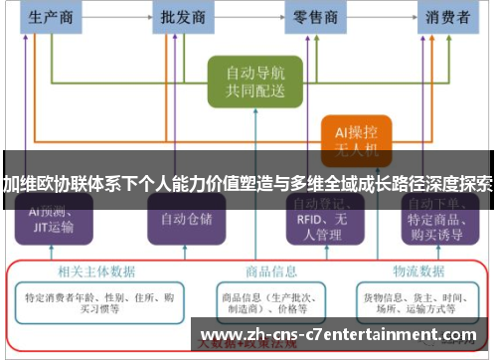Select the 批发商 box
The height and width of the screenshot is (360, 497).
click(183, 17)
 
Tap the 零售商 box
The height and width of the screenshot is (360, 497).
click(314, 17)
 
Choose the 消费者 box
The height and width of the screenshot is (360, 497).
click(447, 17)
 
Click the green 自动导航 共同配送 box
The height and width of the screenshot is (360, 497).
click(248, 83)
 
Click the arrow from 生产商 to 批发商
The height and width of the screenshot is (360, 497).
click(116, 17)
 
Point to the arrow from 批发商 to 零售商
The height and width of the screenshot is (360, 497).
click(248, 17)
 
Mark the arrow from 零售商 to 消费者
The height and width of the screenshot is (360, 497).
click(381, 17)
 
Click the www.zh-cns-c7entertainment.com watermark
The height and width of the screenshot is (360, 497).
click(338, 335)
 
